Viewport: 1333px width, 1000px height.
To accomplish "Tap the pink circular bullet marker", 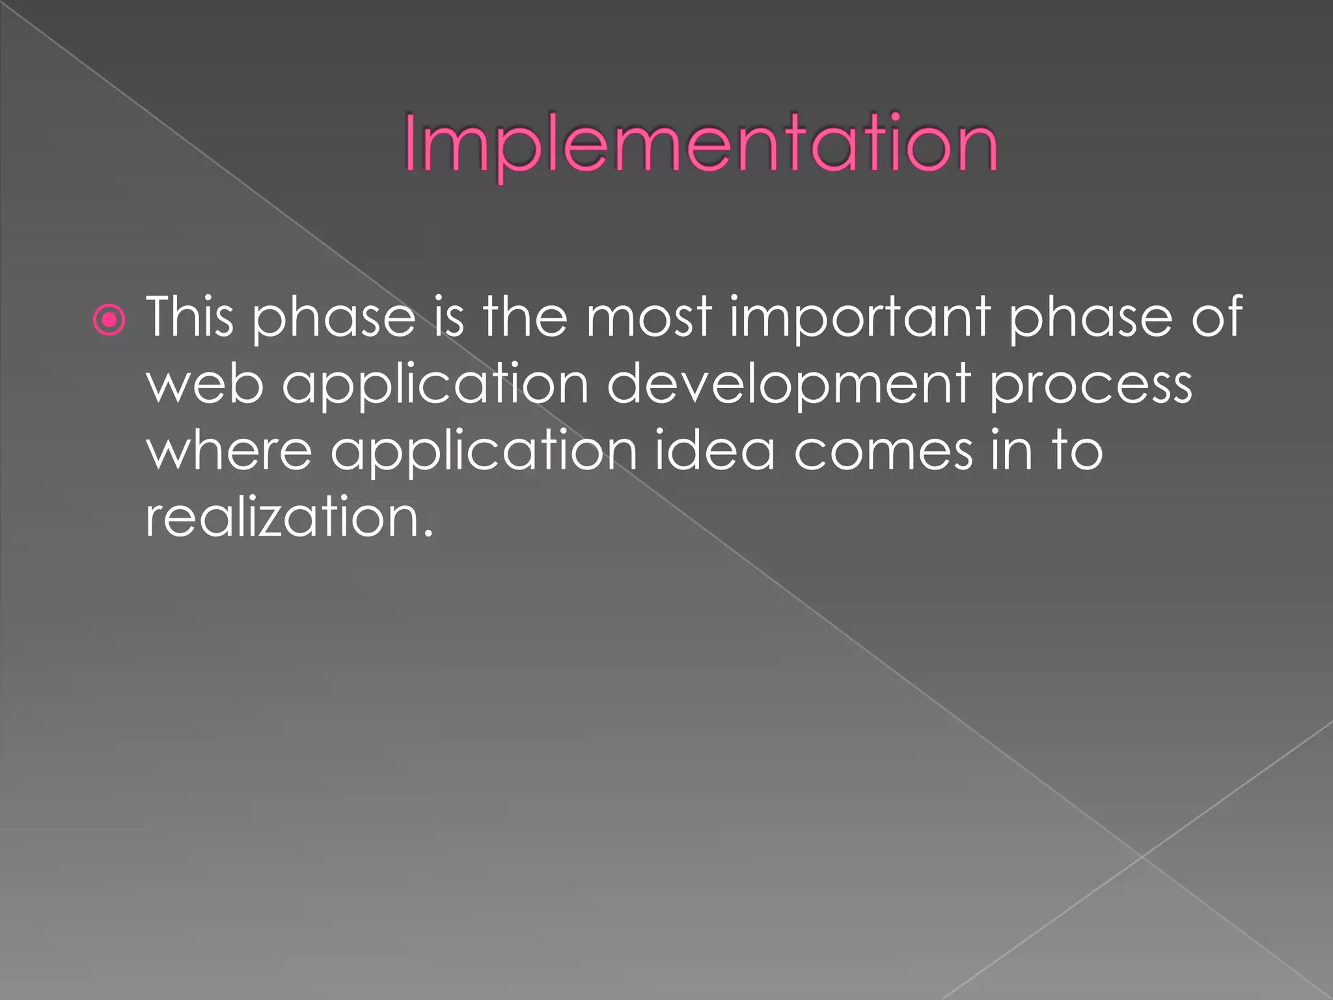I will point(109,320).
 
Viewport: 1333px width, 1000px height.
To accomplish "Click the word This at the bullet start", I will point(189,316).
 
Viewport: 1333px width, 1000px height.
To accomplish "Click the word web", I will point(205,384).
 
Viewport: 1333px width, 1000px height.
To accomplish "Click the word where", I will point(229,451).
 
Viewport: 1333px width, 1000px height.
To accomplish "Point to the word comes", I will point(883,452).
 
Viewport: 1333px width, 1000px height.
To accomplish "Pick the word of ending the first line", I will point(1217,316).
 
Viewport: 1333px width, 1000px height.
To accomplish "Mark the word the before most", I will point(525,316).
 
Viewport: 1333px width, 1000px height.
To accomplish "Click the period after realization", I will point(427,534).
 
